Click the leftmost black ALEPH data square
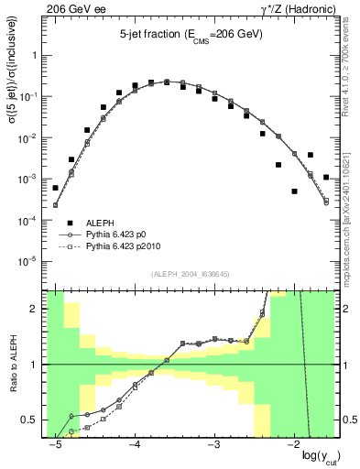[x=56, y=188]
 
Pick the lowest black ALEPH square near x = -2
[x=295, y=191]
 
